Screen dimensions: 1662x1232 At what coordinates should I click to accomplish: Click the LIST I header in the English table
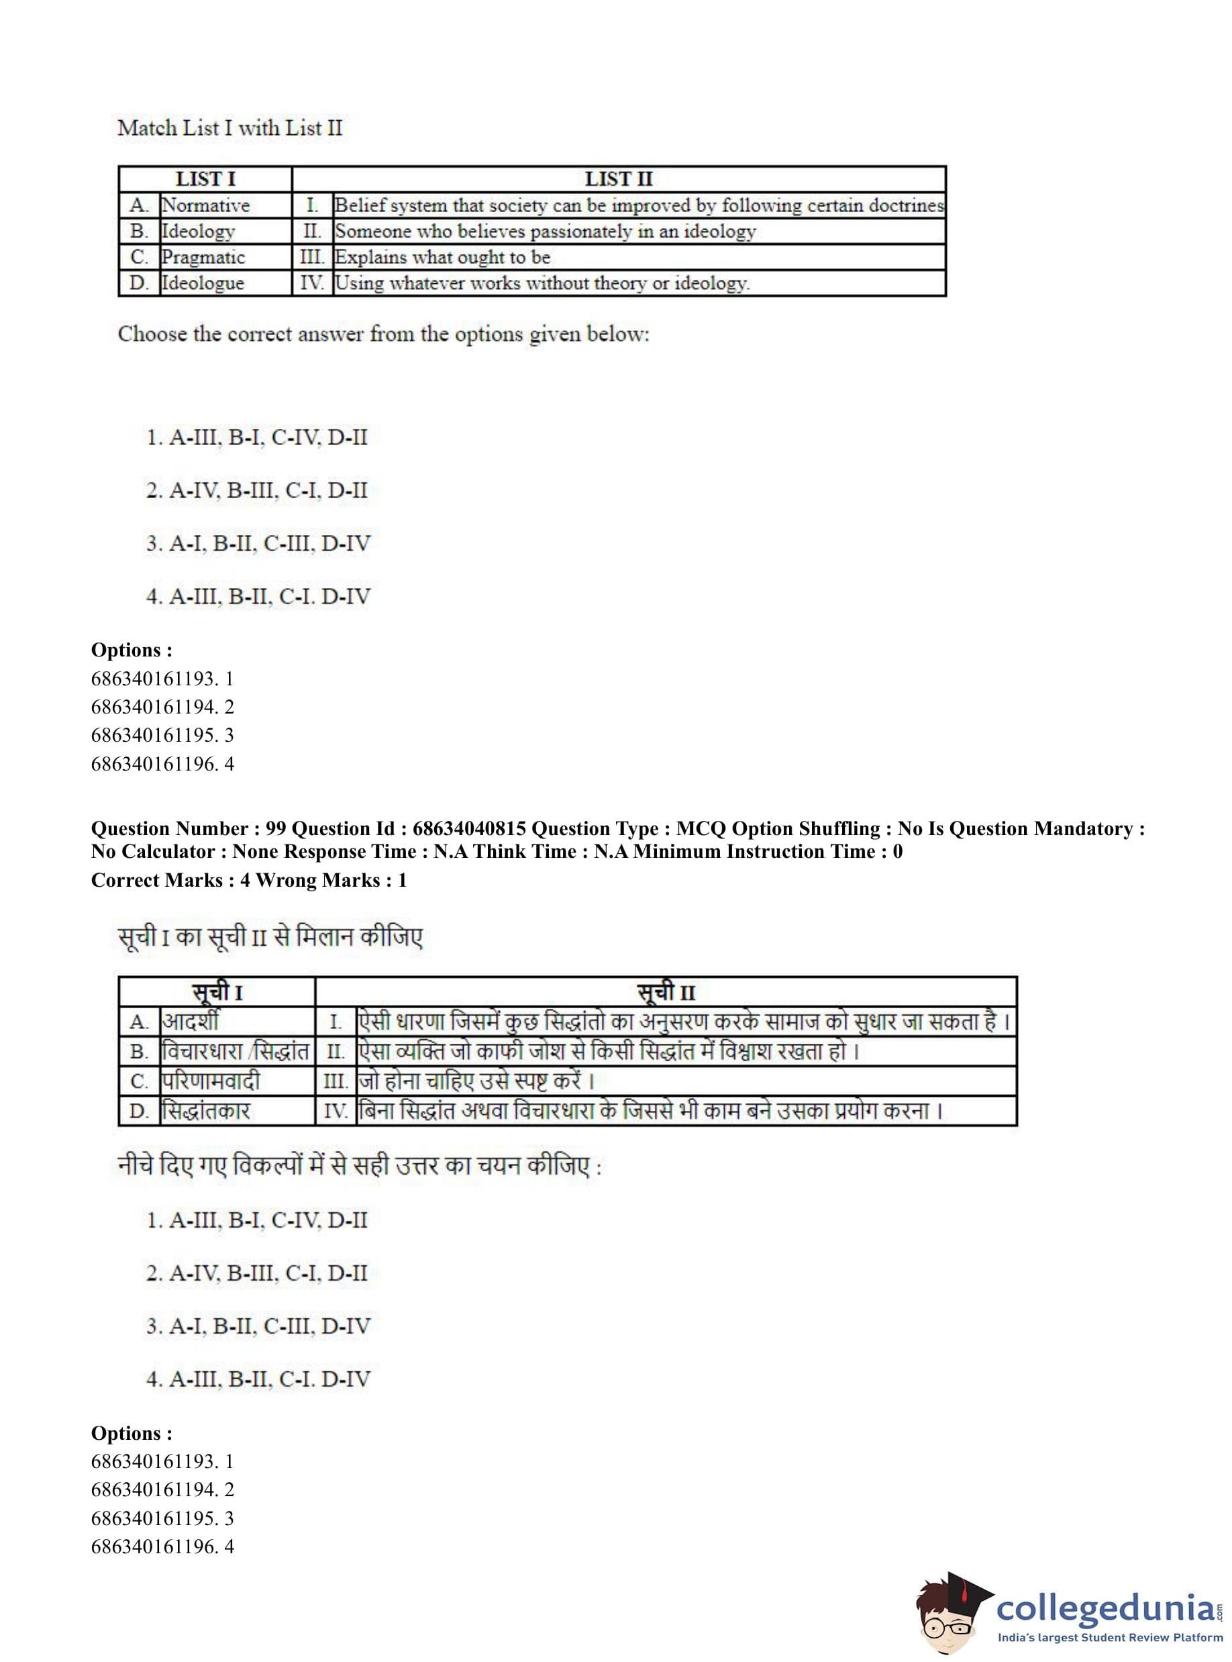pos(205,179)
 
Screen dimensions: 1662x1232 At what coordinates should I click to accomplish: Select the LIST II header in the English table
pos(618,179)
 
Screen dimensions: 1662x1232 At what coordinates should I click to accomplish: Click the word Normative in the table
pos(206,205)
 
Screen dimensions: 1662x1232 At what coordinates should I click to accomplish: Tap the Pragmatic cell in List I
pos(203,257)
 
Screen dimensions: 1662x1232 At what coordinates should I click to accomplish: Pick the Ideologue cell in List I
pos(203,283)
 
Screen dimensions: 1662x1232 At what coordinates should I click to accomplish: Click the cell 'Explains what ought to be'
pos(442,257)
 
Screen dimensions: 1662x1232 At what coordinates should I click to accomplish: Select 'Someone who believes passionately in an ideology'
pos(545,232)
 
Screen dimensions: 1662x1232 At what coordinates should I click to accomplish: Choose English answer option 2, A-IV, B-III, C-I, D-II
pos(256,491)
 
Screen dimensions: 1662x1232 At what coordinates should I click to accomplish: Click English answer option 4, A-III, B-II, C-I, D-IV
pos(258,597)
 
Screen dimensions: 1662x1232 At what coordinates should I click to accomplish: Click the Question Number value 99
pos(276,829)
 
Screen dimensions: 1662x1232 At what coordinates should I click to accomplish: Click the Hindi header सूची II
pos(666,993)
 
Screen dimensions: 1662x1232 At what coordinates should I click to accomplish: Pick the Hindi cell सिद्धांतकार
pos(206,1112)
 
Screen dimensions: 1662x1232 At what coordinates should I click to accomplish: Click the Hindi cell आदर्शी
pos(191,1021)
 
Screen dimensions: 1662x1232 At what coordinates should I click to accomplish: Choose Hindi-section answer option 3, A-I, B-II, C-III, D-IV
pos(258,1326)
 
